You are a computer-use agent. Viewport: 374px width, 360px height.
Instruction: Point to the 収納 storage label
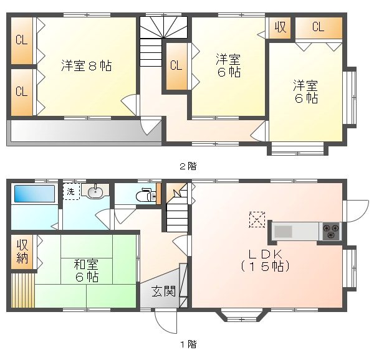pyautogui.click(x=22, y=252)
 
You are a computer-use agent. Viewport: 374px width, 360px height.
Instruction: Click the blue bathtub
pyautogui.click(x=34, y=192)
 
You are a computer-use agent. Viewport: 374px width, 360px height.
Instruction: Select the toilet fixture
pyautogui.click(x=146, y=194)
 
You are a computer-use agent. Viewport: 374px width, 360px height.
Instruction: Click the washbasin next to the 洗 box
pyautogui.click(x=95, y=192)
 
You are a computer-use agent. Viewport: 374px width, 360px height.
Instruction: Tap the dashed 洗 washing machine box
pyautogui.click(x=71, y=192)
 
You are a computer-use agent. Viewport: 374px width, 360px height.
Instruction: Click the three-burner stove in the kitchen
pyautogui.click(x=330, y=232)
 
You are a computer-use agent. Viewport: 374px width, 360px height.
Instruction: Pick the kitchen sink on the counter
pyautogui.click(x=284, y=232)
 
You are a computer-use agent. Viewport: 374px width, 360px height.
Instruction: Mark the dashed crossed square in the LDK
pyautogui.click(x=257, y=219)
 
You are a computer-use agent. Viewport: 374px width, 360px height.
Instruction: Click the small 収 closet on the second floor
pyautogui.click(x=280, y=27)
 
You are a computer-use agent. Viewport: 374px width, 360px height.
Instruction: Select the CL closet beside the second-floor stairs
pyautogui.click(x=176, y=65)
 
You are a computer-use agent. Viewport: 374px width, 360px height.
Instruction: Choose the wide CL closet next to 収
pyautogui.click(x=318, y=27)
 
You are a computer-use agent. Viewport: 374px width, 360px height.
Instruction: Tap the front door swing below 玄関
pyautogui.click(x=165, y=320)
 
